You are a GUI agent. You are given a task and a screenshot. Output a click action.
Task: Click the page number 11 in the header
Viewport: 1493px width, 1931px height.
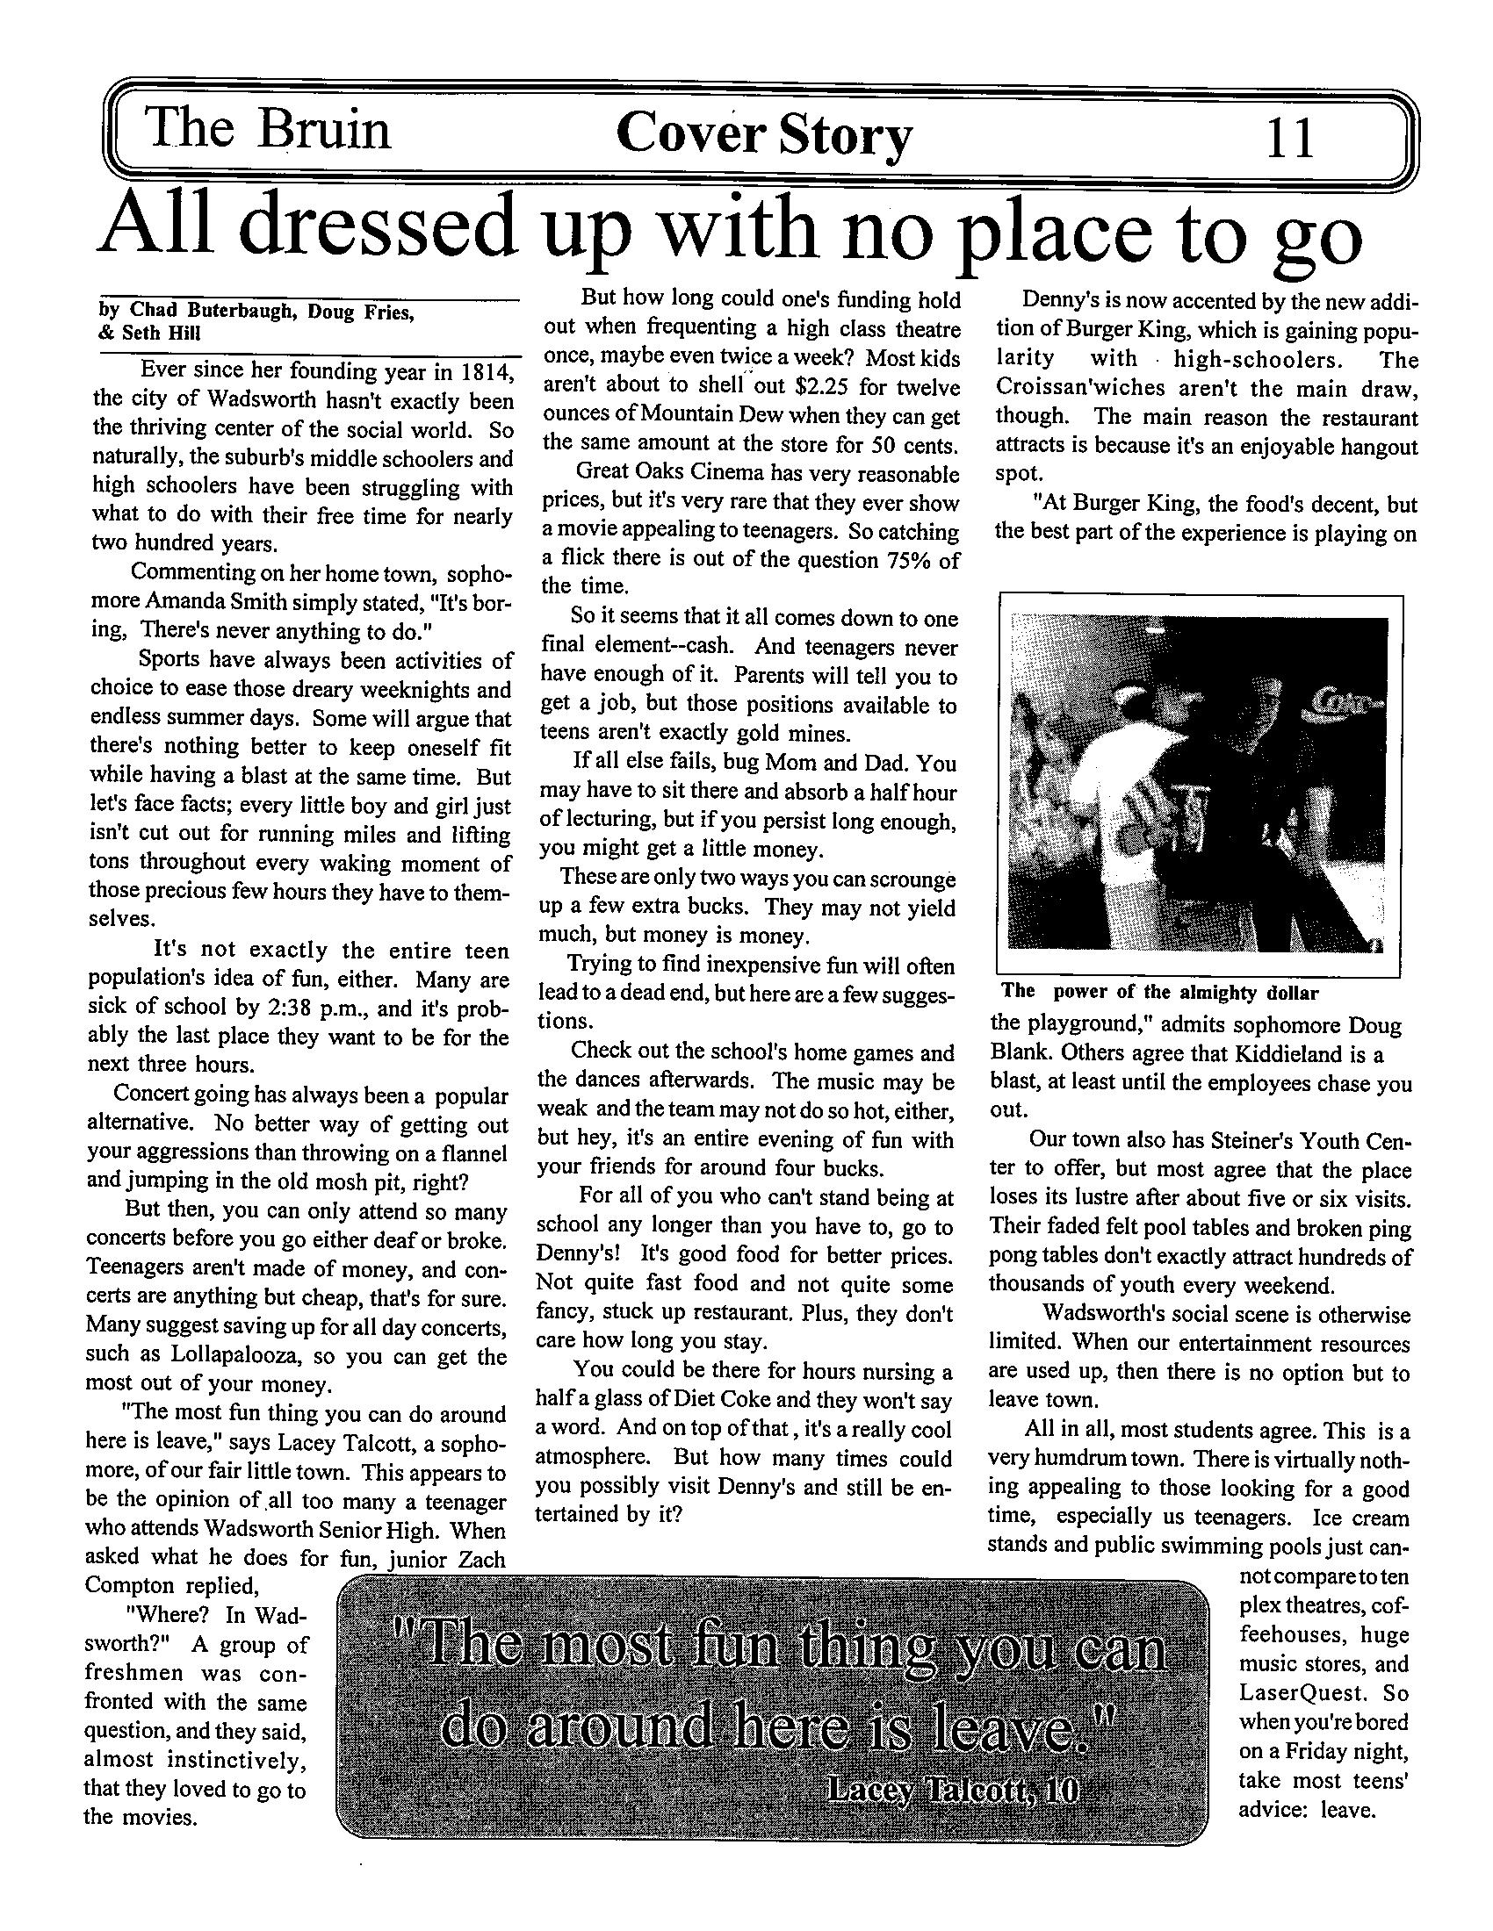click(1290, 138)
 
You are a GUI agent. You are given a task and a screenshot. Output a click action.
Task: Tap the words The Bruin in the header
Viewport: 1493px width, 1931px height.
click(268, 130)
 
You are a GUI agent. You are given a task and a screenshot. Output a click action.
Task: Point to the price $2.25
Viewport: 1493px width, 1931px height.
click(826, 387)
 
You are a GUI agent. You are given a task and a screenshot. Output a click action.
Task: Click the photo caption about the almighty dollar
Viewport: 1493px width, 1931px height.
click(1159, 992)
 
